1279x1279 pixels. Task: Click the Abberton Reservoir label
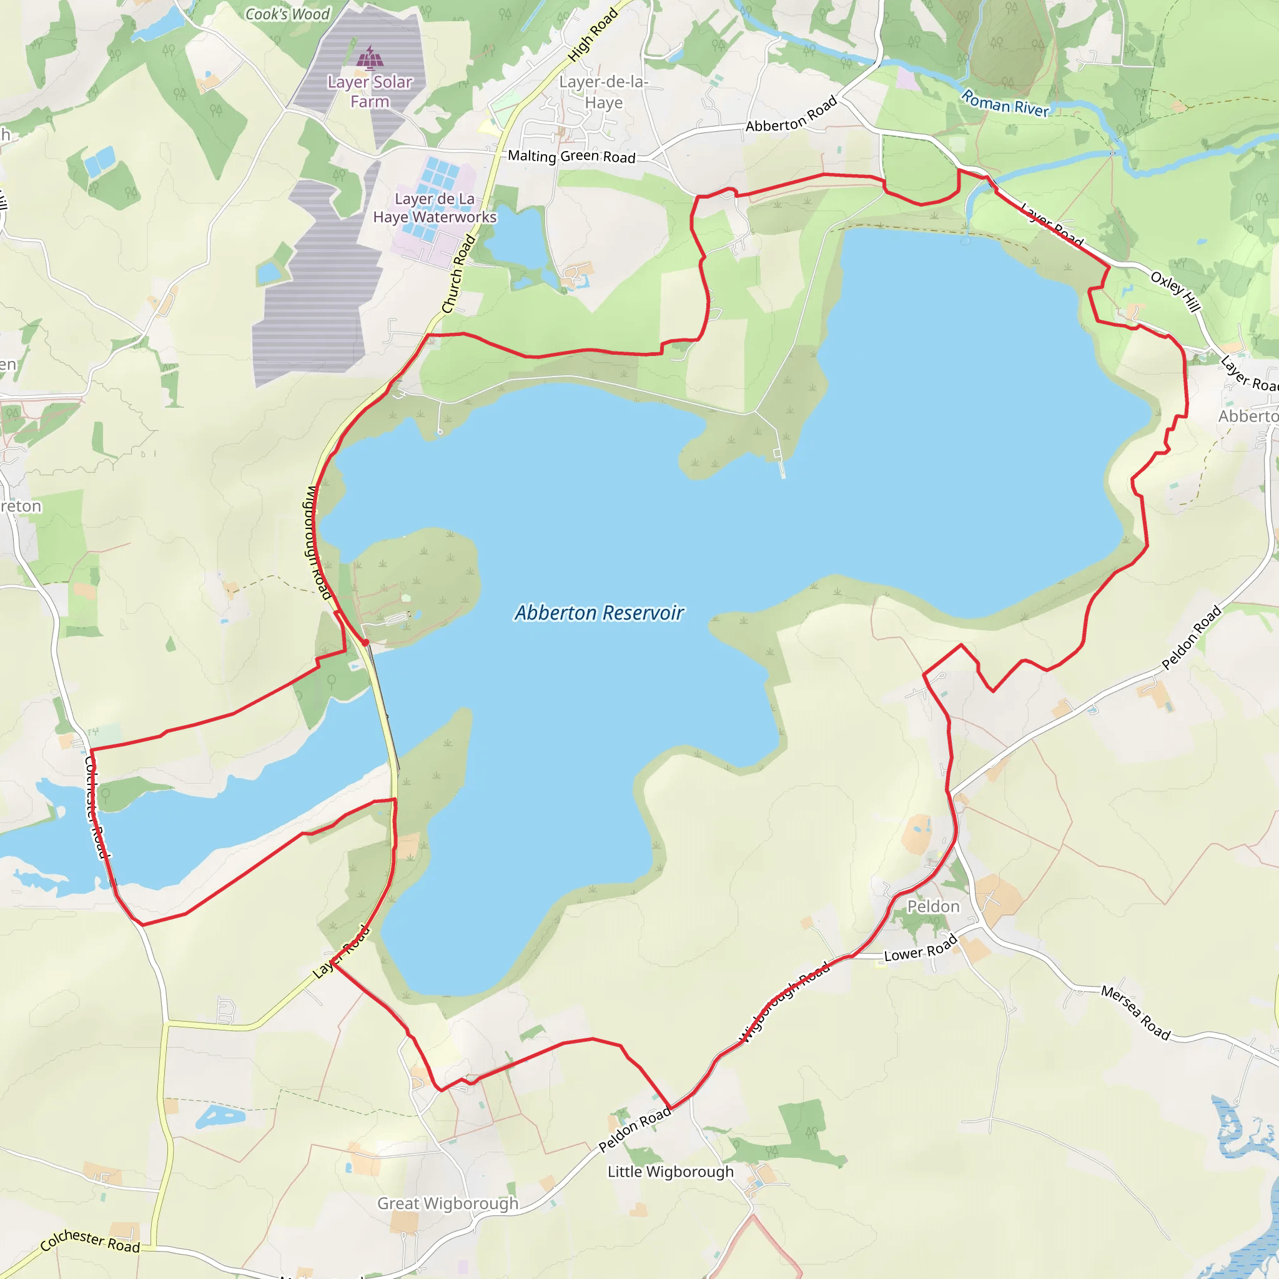pyautogui.click(x=599, y=613)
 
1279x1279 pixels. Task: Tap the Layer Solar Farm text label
pyautogui.click(x=370, y=91)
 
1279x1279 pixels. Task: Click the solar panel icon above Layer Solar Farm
pyautogui.click(x=370, y=59)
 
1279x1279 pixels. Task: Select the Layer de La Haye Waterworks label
pyautogui.click(x=434, y=208)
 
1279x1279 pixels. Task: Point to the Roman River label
pyautogui.click(x=1005, y=104)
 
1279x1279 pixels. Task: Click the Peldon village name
pyautogui.click(x=933, y=906)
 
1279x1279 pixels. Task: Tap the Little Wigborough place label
pyautogui.click(x=671, y=1171)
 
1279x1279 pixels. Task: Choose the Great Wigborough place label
pyautogui.click(x=448, y=1203)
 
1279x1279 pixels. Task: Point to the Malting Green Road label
pyautogui.click(x=571, y=156)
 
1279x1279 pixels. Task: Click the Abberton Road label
pyautogui.click(x=791, y=114)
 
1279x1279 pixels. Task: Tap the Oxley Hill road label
pyautogui.click(x=1175, y=291)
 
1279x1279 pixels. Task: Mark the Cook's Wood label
pyautogui.click(x=287, y=14)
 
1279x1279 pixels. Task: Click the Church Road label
pyautogui.click(x=458, y=274)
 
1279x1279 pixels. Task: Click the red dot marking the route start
pyautogui.click(x=365, y=642)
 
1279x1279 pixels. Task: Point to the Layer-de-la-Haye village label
pyautogui.click(x=603, y=92)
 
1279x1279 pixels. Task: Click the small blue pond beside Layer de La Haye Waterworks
pyautogui.click(x=516, y=236)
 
